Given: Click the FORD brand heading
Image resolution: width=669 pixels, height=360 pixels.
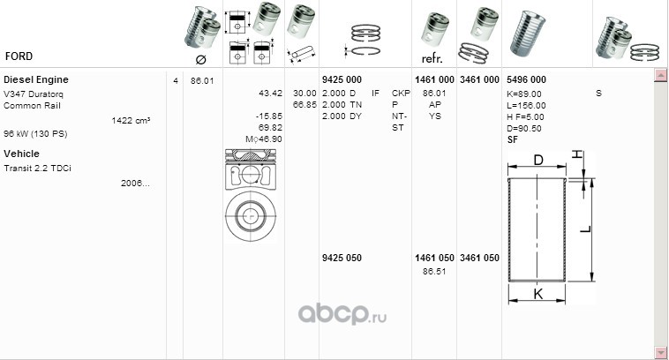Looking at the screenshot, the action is click(19, 56).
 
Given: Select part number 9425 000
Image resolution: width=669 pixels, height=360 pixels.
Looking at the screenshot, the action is click(342, 79).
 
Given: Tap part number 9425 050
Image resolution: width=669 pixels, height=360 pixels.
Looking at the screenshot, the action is click(342, 258).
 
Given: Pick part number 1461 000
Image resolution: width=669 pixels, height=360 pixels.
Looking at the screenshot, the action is click(434, 79).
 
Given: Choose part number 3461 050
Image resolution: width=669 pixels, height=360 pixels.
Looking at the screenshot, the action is click(479, 258).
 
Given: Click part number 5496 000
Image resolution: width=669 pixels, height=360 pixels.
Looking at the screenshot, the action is click(527, 79).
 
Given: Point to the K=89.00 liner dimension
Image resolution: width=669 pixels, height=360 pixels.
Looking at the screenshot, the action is click(524, 94).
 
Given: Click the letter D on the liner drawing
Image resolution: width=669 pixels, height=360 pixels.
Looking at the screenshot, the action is click(538, 160).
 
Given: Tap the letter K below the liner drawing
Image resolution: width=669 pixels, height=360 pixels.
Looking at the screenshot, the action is click(538, 294).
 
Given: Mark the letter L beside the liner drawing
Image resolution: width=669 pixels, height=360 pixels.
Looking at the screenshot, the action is click(586, 229).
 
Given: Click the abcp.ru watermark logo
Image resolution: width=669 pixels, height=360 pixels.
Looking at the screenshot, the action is click(342, 315).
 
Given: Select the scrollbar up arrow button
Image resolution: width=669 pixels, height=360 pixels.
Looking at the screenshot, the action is click(661, 76).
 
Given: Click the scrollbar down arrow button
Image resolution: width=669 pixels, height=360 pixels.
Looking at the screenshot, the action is click(661, 353).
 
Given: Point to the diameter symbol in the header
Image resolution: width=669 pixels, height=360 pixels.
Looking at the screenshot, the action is click(200, 60).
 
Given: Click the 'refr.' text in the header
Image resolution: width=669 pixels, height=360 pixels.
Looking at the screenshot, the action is click(432, 59).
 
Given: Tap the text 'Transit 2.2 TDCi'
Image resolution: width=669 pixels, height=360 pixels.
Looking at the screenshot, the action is click(38, 169).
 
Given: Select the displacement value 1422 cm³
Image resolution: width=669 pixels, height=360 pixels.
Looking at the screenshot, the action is click(131, 121).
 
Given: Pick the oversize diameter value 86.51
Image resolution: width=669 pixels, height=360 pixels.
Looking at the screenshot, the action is click(434, 271).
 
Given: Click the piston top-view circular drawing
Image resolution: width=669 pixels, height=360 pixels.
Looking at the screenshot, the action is click(251, 216).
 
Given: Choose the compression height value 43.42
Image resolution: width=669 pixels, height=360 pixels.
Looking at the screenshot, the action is click(270, 93).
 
